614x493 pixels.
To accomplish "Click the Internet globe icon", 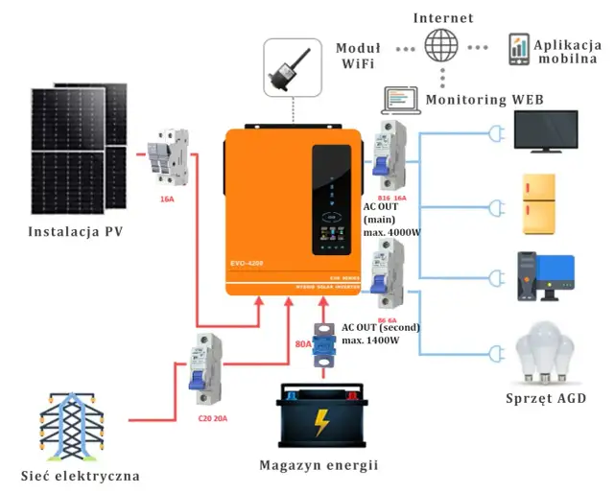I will [441, 46].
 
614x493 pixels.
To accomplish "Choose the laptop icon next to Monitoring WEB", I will [401, 100].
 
